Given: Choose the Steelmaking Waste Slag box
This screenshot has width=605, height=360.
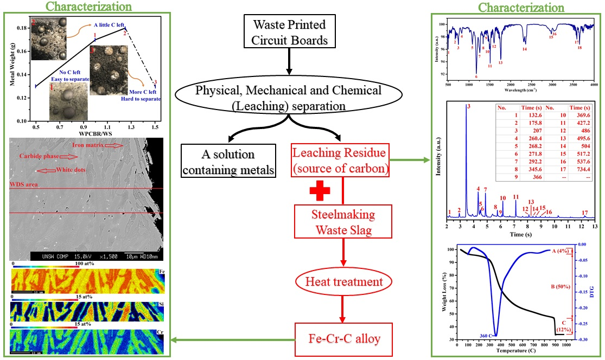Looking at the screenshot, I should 342,222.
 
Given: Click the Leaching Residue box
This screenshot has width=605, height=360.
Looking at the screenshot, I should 341,161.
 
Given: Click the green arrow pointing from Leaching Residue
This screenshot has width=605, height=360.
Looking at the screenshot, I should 410,159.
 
